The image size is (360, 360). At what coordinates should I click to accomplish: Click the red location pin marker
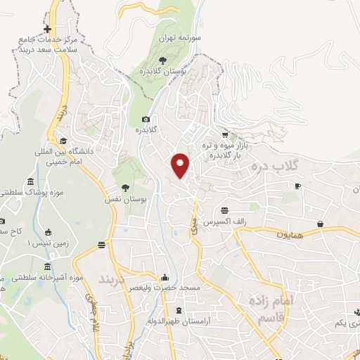[181, 165]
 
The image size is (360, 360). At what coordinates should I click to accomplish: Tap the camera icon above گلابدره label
[146, 120]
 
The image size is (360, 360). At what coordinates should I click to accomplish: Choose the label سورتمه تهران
[175, 37]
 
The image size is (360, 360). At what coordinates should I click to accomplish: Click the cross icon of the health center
[47, 29]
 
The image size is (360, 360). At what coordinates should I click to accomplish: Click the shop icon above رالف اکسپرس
[224, 210]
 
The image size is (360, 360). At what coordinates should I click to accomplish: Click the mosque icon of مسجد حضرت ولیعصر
[165, 276]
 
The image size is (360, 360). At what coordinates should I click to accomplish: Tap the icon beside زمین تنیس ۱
[48, 233]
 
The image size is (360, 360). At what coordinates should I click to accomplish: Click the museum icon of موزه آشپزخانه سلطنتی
[47, 267]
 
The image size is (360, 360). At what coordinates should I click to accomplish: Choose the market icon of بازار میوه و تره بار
[224, 134]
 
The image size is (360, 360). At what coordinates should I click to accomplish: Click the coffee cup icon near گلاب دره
[297, 186]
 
